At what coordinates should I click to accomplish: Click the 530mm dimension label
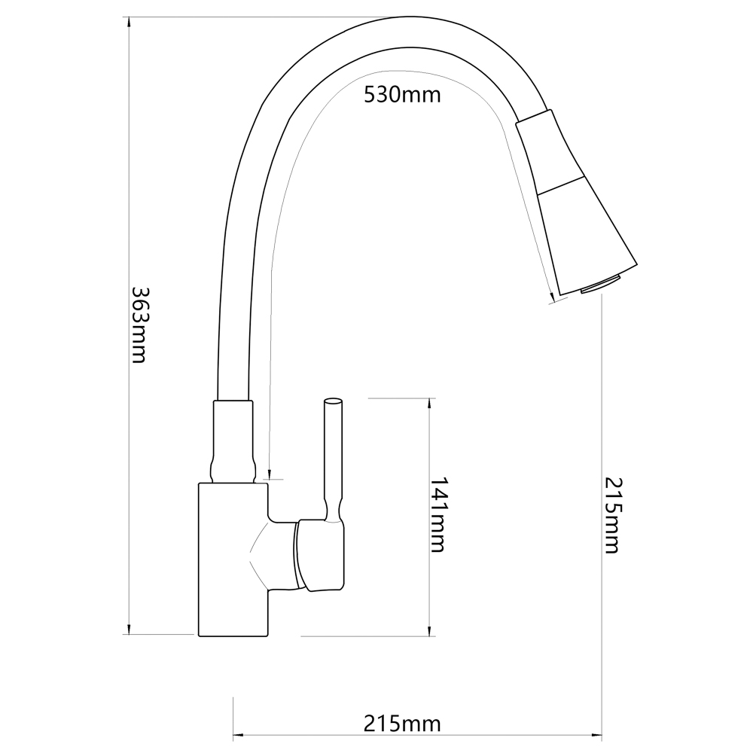point(402,95)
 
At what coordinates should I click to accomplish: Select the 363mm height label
point(139,325)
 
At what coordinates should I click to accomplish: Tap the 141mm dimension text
point(437,514)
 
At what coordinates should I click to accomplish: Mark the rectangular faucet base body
point(233,559)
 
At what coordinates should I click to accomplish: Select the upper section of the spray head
point(551,152)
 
